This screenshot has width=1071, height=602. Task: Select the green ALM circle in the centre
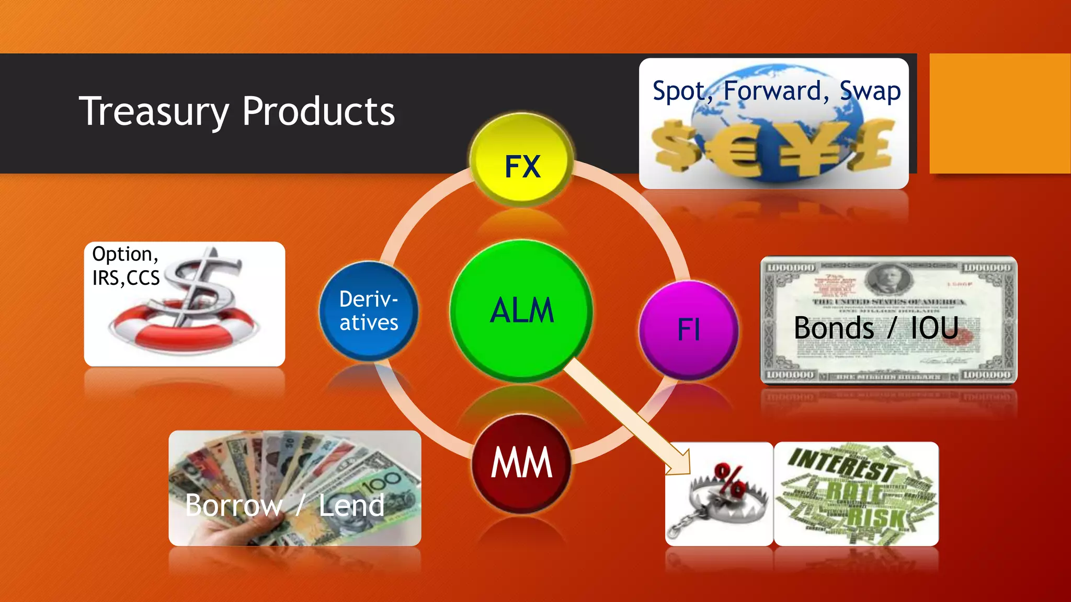(521, 310)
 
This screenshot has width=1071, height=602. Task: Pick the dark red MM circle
(521, 463)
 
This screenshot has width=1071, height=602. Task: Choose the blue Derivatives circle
(369, 311)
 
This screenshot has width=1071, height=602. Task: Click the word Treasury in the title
(154, 112)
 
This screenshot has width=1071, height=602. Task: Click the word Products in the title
(318, 112)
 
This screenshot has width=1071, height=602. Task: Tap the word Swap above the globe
(870, 91)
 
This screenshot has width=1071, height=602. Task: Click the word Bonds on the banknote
(834, 328)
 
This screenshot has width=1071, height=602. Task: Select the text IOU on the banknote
(935, 328)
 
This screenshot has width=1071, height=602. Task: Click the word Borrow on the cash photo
(233, 505)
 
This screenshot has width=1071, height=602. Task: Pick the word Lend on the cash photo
(351, 505)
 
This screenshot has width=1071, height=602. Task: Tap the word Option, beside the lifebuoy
(125, 254)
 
